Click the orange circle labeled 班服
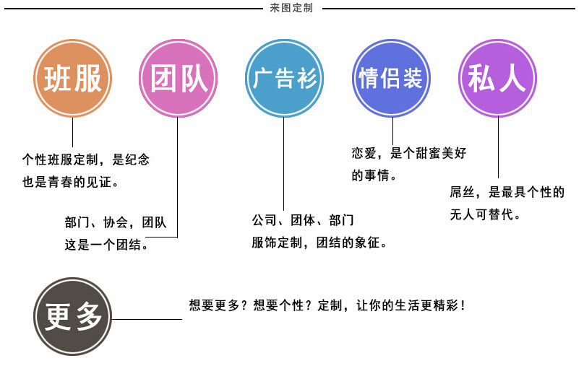tap(73, 79)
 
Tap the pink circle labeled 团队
tap(178, 79)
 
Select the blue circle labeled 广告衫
tap(285, 79)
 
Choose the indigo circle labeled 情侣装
tap(390, 79)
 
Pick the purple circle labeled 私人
tap(498, 79)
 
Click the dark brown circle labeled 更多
tap(73, 316)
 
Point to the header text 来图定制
tap(291, 9)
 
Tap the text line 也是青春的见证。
tap(71, 181)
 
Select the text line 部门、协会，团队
tap(116, 223)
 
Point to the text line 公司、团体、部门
tap(303, 219)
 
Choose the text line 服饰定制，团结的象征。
tap(319, 243)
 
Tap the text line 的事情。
tap(374, 175)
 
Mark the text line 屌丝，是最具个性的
tap(506, 193)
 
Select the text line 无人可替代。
tap(485, 214)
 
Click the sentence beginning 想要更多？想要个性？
tap(327, 305)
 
